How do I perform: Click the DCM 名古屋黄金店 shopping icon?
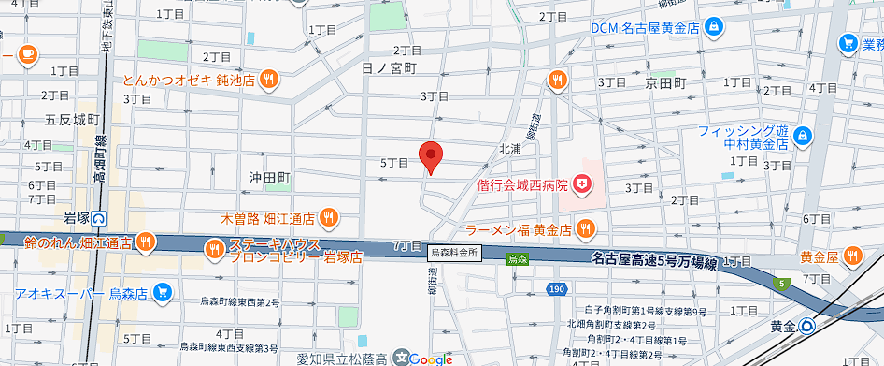(713, 27)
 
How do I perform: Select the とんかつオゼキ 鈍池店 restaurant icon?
(268, 80)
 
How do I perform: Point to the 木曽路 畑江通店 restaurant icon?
(327, 218)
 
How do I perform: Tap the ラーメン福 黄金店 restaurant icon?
(585, 227)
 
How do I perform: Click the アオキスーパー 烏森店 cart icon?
(163, 293)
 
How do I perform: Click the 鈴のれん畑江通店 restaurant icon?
(145, 243)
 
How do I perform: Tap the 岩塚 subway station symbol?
(99, 218)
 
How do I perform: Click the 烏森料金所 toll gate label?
(454, 253)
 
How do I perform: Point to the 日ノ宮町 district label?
(388, 68)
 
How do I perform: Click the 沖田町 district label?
(271, 177)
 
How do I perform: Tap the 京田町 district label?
(665, 83)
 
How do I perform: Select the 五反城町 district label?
(72, 119)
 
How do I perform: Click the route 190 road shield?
(556, 290)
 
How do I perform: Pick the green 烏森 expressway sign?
(517, 258)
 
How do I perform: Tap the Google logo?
(429, 359)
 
